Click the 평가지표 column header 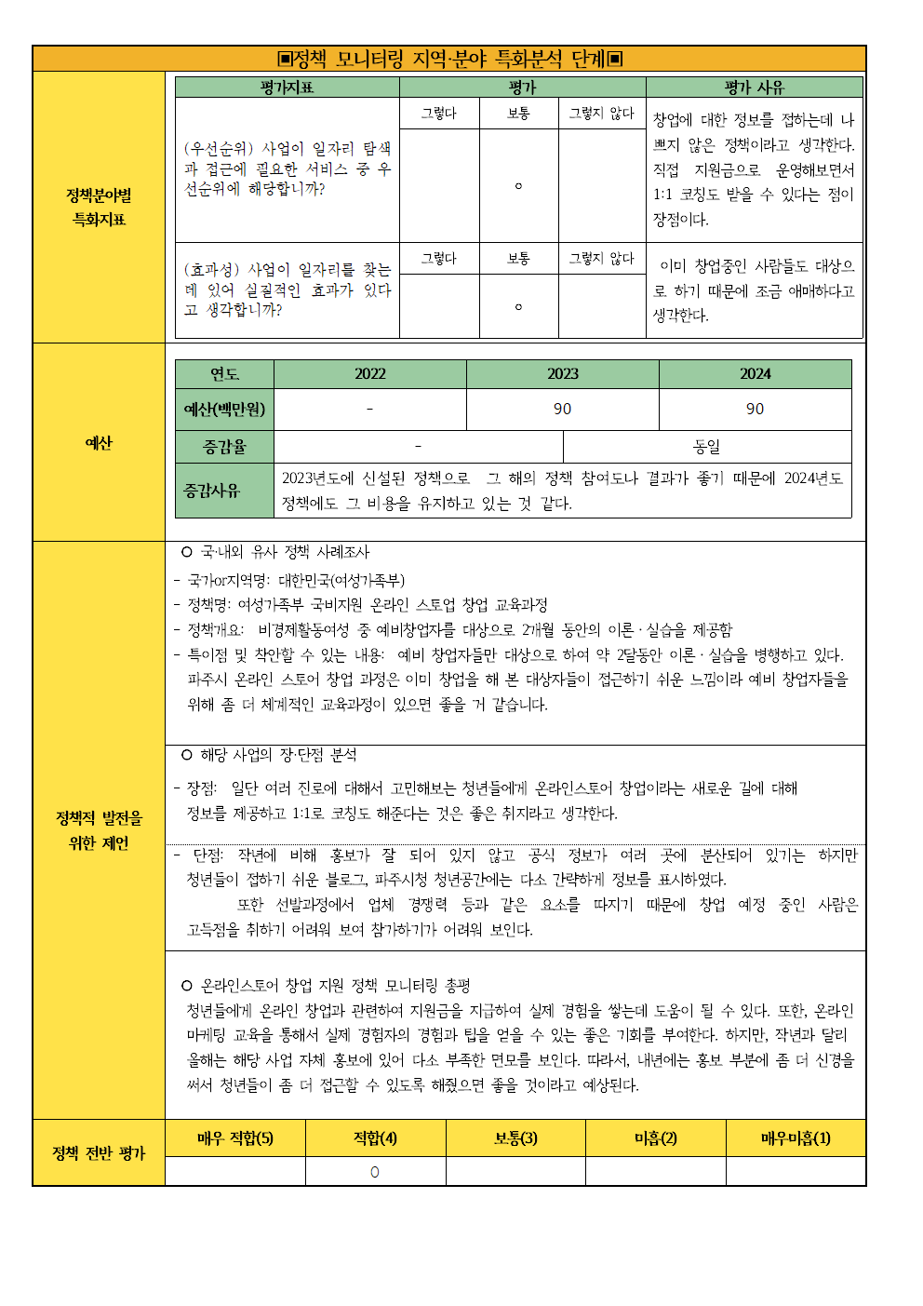tap(287, 88)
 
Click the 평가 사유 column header tap(754, 88)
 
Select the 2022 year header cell tap(369, 374)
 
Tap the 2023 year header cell tap(562, 374)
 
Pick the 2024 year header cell tap(755, 374)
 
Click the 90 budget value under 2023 tap(562, 409)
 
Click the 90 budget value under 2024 tap(755, 409)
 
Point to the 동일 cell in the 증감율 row tap(707, 447)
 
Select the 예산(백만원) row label tap(224, 409)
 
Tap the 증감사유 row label tap(212, 490)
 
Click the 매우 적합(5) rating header tap(235, 1138)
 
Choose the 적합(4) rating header tap(375, 1138)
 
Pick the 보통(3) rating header tap(515, 1138)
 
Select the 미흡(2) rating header tap(655, 1138)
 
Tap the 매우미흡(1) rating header tap(796, 1138)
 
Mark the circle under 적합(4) tap(375, 1172)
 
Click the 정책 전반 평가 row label tap(99, 1153)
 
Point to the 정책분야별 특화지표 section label tap(99, 208)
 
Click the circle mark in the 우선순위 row tap(518, 186)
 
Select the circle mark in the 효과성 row tap(518, 306)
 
